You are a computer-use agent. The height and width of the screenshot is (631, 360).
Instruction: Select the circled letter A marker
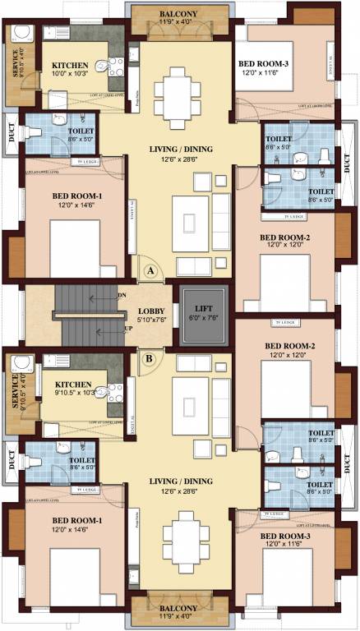coord(150,269)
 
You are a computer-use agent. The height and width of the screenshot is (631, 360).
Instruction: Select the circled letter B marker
coord(150,357)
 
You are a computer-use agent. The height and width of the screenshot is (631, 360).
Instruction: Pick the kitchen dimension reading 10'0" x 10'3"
coord(71,75)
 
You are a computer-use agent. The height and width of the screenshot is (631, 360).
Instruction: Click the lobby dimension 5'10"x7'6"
coord(153,322)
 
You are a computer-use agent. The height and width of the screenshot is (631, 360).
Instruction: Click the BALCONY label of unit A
coord(178,14)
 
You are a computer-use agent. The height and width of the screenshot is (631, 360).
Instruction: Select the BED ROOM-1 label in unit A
coord(76,196)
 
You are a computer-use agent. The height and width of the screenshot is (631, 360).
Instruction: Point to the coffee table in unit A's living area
coord(190,221)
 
